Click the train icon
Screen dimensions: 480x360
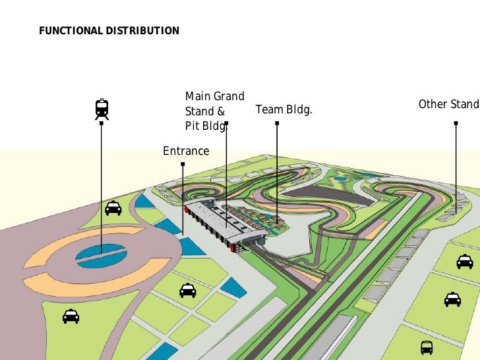coord(102,109)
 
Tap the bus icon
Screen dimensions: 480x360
coord(427,347)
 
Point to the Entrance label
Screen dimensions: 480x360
coord(186,151)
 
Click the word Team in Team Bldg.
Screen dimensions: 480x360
coord(269,109)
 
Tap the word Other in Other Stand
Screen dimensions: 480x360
coord(433,104)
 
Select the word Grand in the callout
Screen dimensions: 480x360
coord(229,97)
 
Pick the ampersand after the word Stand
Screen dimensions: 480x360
coord(221,111)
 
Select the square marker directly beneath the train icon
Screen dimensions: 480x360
coord(101,123)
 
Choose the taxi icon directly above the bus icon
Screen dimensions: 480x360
coord(452,299)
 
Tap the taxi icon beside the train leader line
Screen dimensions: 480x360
coord(113,208)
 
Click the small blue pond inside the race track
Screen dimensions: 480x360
coord(341,178)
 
